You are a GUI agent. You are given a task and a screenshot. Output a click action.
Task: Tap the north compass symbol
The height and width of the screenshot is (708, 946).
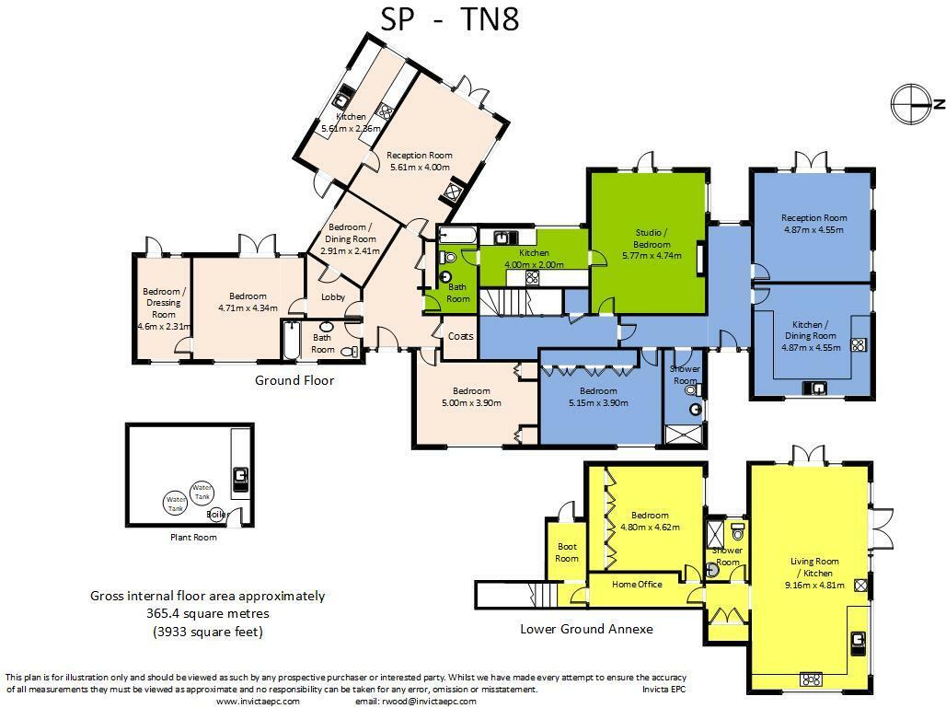point(912,103)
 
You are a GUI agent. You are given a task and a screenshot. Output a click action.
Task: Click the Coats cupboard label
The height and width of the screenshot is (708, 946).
point(460,336)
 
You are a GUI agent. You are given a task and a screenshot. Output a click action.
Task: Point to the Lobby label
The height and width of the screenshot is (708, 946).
point(332,297)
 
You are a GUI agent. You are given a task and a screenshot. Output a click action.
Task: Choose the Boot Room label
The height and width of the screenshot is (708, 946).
point(567,552)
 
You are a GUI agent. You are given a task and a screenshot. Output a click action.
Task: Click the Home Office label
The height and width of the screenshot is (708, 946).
point(637,585)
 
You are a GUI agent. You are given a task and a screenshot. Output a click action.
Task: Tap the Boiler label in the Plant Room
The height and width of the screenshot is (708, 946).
point(218,515)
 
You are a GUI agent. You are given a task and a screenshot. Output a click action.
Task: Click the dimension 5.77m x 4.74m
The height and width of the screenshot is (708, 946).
point(652,255)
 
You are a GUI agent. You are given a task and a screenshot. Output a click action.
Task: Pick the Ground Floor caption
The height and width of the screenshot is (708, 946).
point(294,380)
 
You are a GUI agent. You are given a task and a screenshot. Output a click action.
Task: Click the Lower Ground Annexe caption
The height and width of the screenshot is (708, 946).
point(586,630)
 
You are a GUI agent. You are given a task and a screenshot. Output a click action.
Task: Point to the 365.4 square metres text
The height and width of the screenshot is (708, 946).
point(208,613)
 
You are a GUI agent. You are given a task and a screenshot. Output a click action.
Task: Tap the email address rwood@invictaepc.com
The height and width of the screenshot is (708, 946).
point(415,702)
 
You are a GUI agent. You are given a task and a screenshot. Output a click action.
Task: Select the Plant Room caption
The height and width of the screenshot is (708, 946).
point(193,538)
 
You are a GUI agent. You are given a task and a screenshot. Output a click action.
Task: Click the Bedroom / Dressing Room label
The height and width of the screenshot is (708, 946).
point(163,303)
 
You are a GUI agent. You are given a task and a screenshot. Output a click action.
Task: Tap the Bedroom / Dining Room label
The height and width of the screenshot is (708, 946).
point(352,238)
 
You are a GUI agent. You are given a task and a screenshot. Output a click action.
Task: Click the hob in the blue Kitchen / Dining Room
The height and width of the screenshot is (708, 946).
point(858,345)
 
